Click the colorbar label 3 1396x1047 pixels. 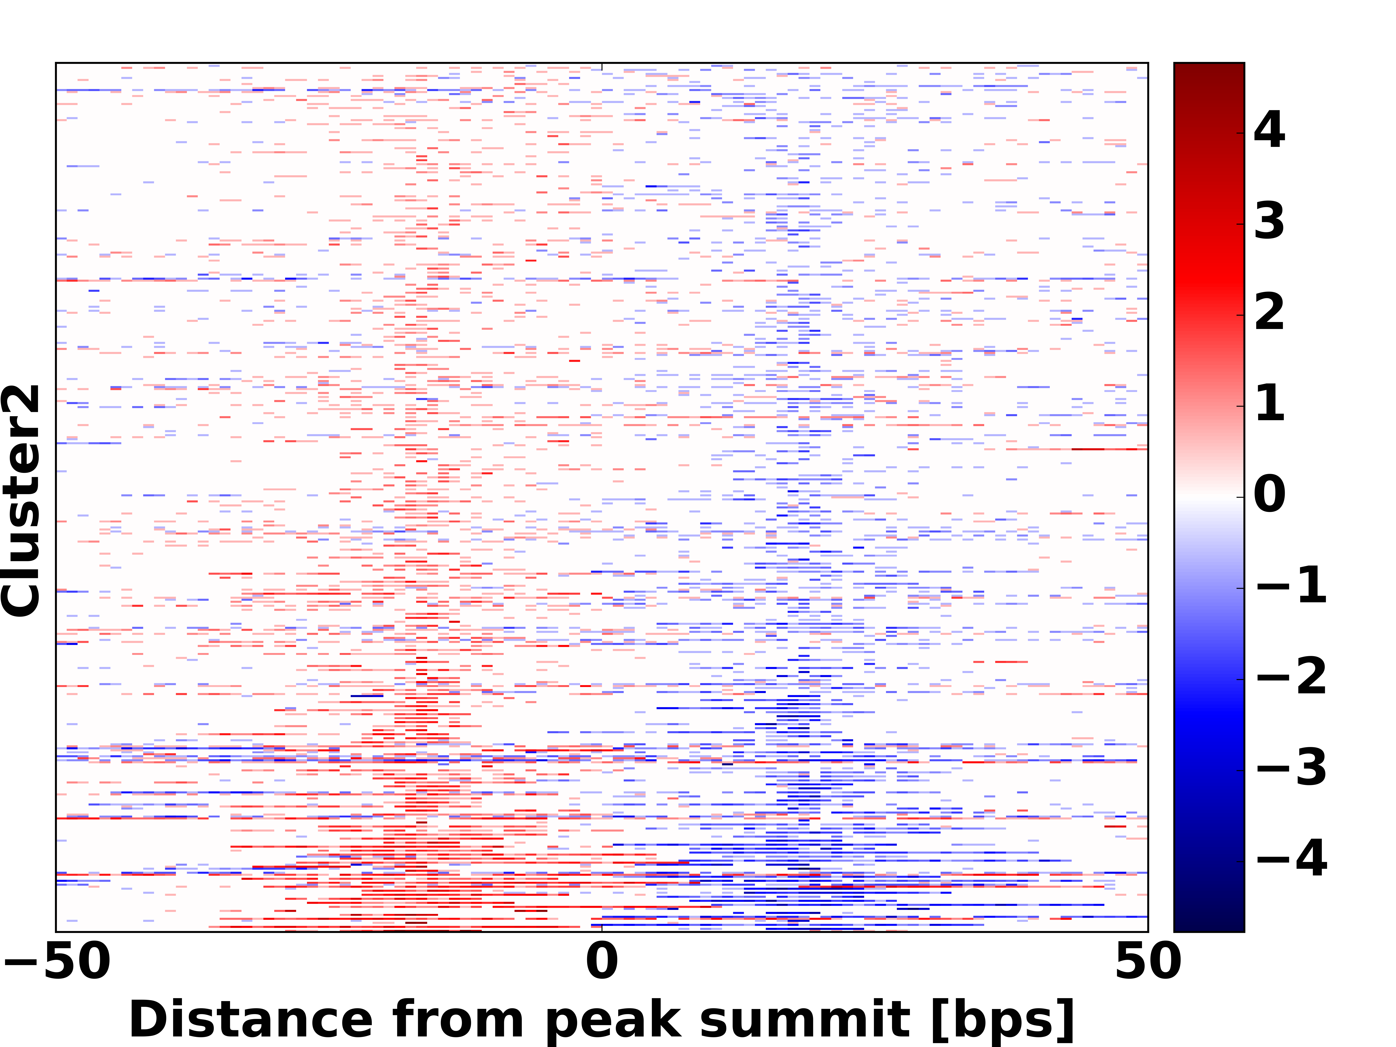pos(1269,221)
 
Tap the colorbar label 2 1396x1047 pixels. pos(1269,312)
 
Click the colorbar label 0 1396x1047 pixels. pos(1269,494)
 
